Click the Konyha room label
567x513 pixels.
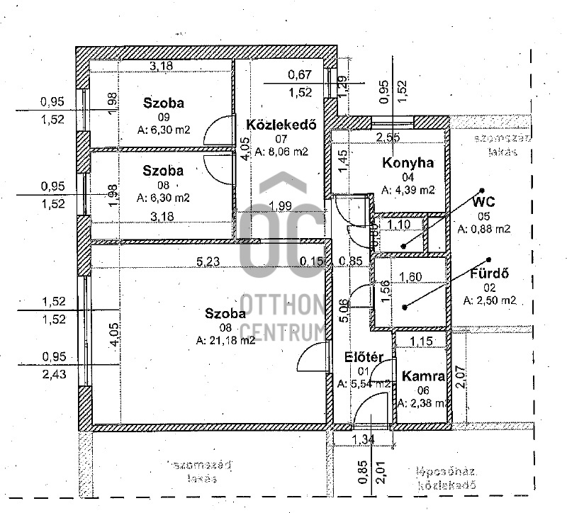tap(408, 163)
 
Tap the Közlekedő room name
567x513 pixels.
tap(277, 125)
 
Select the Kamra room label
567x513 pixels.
tap(422, 376)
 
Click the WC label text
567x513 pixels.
tap(483, 202)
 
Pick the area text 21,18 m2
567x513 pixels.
tap(226, 340)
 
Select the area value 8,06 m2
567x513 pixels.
tap(281, 152)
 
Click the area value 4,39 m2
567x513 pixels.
tap(408, 190)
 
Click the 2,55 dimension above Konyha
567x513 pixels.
tap(388, 137)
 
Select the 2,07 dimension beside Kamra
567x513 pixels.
tap(460, 376)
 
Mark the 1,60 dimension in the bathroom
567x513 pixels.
tap(411, 277)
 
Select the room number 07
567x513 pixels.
tap(282, 139)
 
